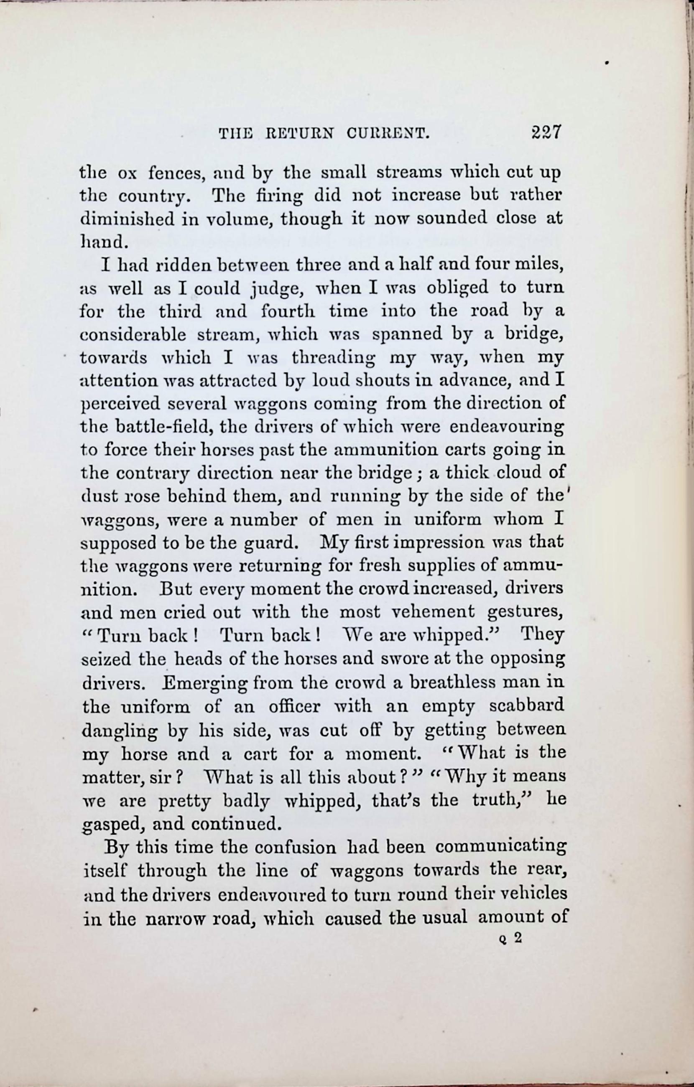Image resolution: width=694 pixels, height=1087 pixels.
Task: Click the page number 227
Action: pos(546,133)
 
